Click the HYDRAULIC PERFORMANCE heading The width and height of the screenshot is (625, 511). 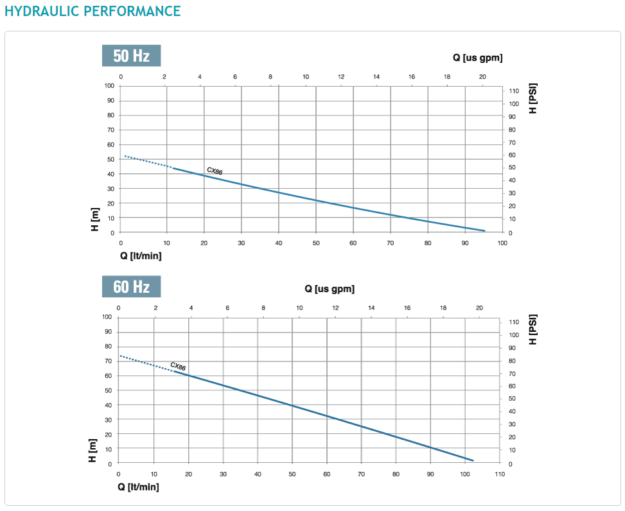click(x=92, y=11)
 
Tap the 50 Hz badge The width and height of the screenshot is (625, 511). click(x=131, y=56)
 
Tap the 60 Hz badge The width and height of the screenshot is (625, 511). click(x=131, y=286)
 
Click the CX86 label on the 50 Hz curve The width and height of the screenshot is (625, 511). click(x=215, y=171)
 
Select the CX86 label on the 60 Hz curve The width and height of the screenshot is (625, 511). click(x=178, y=367)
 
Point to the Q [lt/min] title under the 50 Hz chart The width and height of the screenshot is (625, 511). click(x=141, y=255)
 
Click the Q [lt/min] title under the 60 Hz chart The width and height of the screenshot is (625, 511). click(x=138, y=487)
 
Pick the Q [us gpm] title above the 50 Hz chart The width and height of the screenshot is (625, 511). click(x=477, y=58)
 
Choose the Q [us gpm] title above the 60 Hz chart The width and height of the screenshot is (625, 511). click(x=330, y=289)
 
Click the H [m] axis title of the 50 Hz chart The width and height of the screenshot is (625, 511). click(x=95, y=220)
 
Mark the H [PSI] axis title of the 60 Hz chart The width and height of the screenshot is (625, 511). click(x=533, y=329)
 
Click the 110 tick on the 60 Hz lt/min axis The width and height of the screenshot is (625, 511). click(x=500, y=474)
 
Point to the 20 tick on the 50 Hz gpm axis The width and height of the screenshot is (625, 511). click(x=482, y=77)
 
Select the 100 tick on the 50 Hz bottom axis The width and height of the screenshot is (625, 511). click(x=502, y=243)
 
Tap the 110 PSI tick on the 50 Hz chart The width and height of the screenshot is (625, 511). click(x=513, y=91)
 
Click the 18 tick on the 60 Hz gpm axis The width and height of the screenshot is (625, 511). click(x=443, y=308)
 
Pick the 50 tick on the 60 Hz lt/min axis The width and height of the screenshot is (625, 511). click(x=292, y=474)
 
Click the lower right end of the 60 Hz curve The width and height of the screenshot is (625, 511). click(x=473, y=460)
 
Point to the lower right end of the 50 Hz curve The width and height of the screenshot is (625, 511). click(x=484, y=230)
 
